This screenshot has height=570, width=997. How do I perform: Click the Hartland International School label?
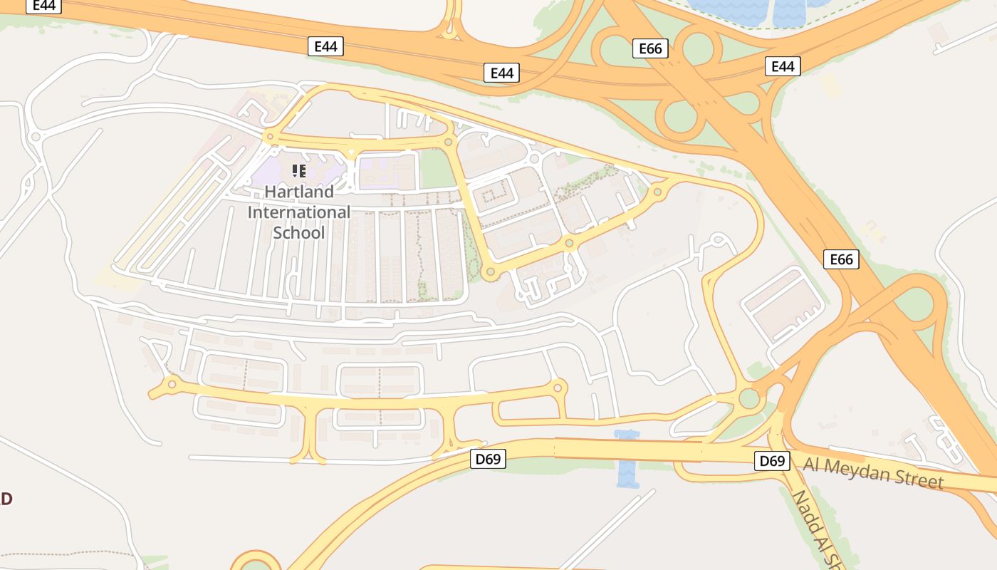[299, 212]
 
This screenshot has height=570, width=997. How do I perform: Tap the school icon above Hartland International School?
[299, 170]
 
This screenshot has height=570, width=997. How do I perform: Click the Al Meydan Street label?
[874, 472]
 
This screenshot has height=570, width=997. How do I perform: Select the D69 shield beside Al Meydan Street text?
[772, 461]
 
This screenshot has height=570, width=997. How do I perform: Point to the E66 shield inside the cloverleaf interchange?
[650, 48]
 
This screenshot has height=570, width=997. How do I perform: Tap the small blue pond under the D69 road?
[627, 460]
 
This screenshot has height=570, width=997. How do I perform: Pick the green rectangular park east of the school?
[437, 170]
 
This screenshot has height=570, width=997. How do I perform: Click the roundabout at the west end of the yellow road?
[172, 385]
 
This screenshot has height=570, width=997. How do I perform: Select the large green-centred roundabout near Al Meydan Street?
[749, 398]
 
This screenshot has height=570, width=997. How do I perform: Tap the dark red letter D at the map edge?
[6, 498]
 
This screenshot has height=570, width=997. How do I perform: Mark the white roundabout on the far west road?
[36, 137]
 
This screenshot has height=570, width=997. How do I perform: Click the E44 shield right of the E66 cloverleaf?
[783, 66]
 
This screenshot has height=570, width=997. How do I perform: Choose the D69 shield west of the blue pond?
[488, 459]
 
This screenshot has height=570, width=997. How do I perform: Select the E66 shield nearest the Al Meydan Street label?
[841, 259]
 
